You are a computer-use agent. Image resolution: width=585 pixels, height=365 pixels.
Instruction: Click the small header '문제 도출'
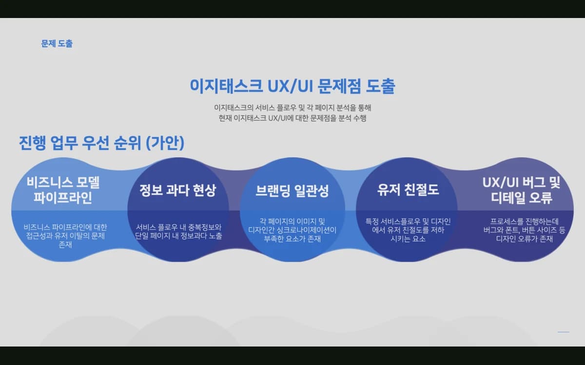coord(57,43)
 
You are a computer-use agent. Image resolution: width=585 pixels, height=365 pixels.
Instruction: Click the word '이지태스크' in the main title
coord(226,86)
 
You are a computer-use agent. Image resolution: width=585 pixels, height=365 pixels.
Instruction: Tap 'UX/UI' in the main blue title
coord(291,86)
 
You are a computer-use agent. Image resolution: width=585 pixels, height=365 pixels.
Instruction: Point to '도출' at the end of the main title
coord(380,86)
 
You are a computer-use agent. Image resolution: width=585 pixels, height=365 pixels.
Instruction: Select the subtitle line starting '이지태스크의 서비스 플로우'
coord(292,108)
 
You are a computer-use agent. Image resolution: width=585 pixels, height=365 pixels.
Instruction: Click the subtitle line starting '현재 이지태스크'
coord(292,118)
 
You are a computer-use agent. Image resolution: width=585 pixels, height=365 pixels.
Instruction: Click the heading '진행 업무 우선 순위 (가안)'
coord(101,143)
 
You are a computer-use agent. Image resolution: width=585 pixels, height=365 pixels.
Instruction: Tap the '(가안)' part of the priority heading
coord(165,143)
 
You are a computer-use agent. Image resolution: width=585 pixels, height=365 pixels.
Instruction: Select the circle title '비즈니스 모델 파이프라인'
coord(63,190)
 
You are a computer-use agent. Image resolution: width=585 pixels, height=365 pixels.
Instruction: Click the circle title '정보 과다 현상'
coord(178,190)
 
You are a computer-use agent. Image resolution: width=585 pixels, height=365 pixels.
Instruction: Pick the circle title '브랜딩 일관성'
coord(292,191)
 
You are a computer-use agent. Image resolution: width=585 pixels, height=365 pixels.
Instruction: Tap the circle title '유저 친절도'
coord(408,189)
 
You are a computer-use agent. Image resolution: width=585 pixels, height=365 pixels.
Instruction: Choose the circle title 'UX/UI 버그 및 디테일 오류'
coord(522,190)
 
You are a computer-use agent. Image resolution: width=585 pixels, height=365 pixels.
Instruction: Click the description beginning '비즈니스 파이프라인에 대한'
coord(65,236)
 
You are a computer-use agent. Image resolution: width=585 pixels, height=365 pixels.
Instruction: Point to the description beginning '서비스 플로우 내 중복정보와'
coord(178,232)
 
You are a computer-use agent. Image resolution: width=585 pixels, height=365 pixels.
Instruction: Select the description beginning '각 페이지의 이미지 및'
coord(292,230)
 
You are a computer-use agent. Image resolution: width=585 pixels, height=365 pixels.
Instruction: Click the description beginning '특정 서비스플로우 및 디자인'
coord(408,230)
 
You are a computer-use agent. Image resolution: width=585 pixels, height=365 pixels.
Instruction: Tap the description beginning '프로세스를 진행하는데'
coord(524,230)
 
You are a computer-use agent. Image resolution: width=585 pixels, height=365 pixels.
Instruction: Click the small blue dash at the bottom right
coord(564,332)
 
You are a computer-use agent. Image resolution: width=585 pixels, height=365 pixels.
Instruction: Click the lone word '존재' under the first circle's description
coord(65,245)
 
